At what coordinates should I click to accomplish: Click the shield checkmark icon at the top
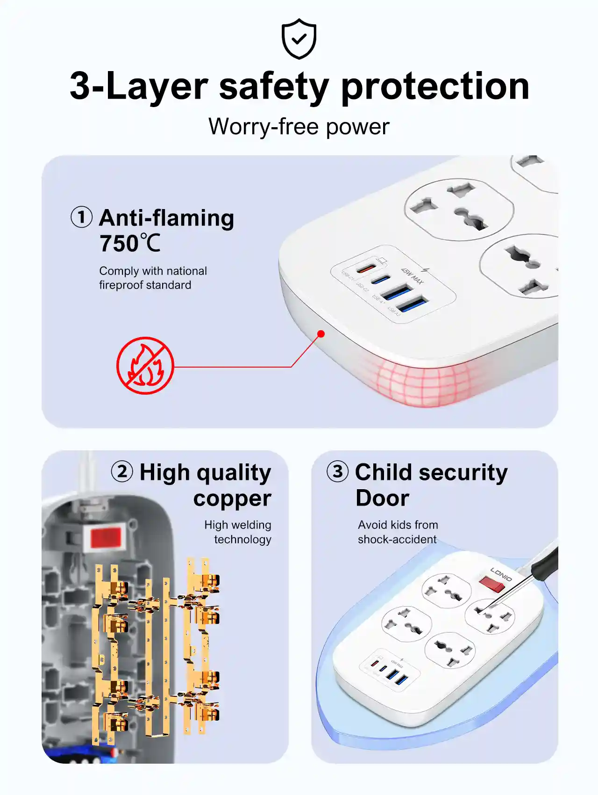click(x=299, y=39)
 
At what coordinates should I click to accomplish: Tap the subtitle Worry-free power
click(x=299, y=126)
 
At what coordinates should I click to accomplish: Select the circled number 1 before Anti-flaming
click(x=81, y=217)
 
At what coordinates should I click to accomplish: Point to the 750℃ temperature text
click(x=130, y=244)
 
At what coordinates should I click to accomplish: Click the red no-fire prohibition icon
click(x=145, y=366)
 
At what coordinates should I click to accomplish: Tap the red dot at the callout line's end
click(x=321, y=333)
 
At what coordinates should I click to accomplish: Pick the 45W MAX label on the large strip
click(x=412, y=276)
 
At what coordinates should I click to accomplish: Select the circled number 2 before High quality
click(x=122, y=471)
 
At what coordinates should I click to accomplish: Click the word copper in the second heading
click(x=232, y=498)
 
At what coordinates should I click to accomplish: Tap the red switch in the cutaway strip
click(x=106, y=537)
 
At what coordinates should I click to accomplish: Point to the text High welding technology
click(x=238, y=532)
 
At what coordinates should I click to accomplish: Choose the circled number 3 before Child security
click(x=337, y=471)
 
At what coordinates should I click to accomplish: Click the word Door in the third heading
click(x=382, y=498)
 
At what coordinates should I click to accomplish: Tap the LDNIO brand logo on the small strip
click(x=501, y=574)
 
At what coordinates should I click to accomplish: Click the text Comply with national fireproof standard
click(x=153, y=278)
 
